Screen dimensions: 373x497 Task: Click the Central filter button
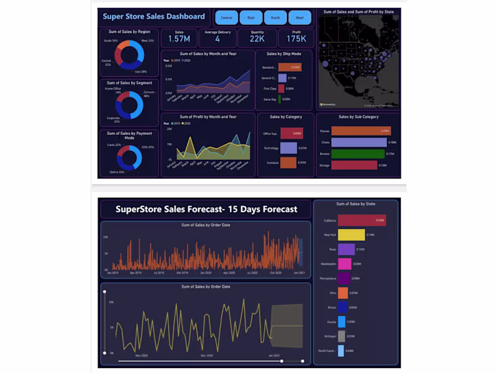click(x=227, y=17)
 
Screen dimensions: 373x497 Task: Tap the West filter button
click(x=299, y=17)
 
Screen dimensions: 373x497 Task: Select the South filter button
click(x=275, y=17)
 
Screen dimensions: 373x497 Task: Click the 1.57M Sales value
click(x=179, y=40)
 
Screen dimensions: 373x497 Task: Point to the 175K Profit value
click(x=296, y=40)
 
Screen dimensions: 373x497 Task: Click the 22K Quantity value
click(x=257, y=40)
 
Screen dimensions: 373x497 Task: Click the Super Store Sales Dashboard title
click(x=153, y=17)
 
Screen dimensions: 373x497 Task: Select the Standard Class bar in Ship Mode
click(x=290, y=67)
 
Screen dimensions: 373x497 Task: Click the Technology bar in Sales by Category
click(x=288, y=148)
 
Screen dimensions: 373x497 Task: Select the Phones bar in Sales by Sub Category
click(x=360, y=131)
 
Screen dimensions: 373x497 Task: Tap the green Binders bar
click(x=358, y=154)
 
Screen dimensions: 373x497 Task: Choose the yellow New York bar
click(x=352, y=235)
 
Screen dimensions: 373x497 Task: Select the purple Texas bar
click(x=347, y=249)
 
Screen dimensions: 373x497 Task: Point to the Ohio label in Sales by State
click(x=333, y=293)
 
